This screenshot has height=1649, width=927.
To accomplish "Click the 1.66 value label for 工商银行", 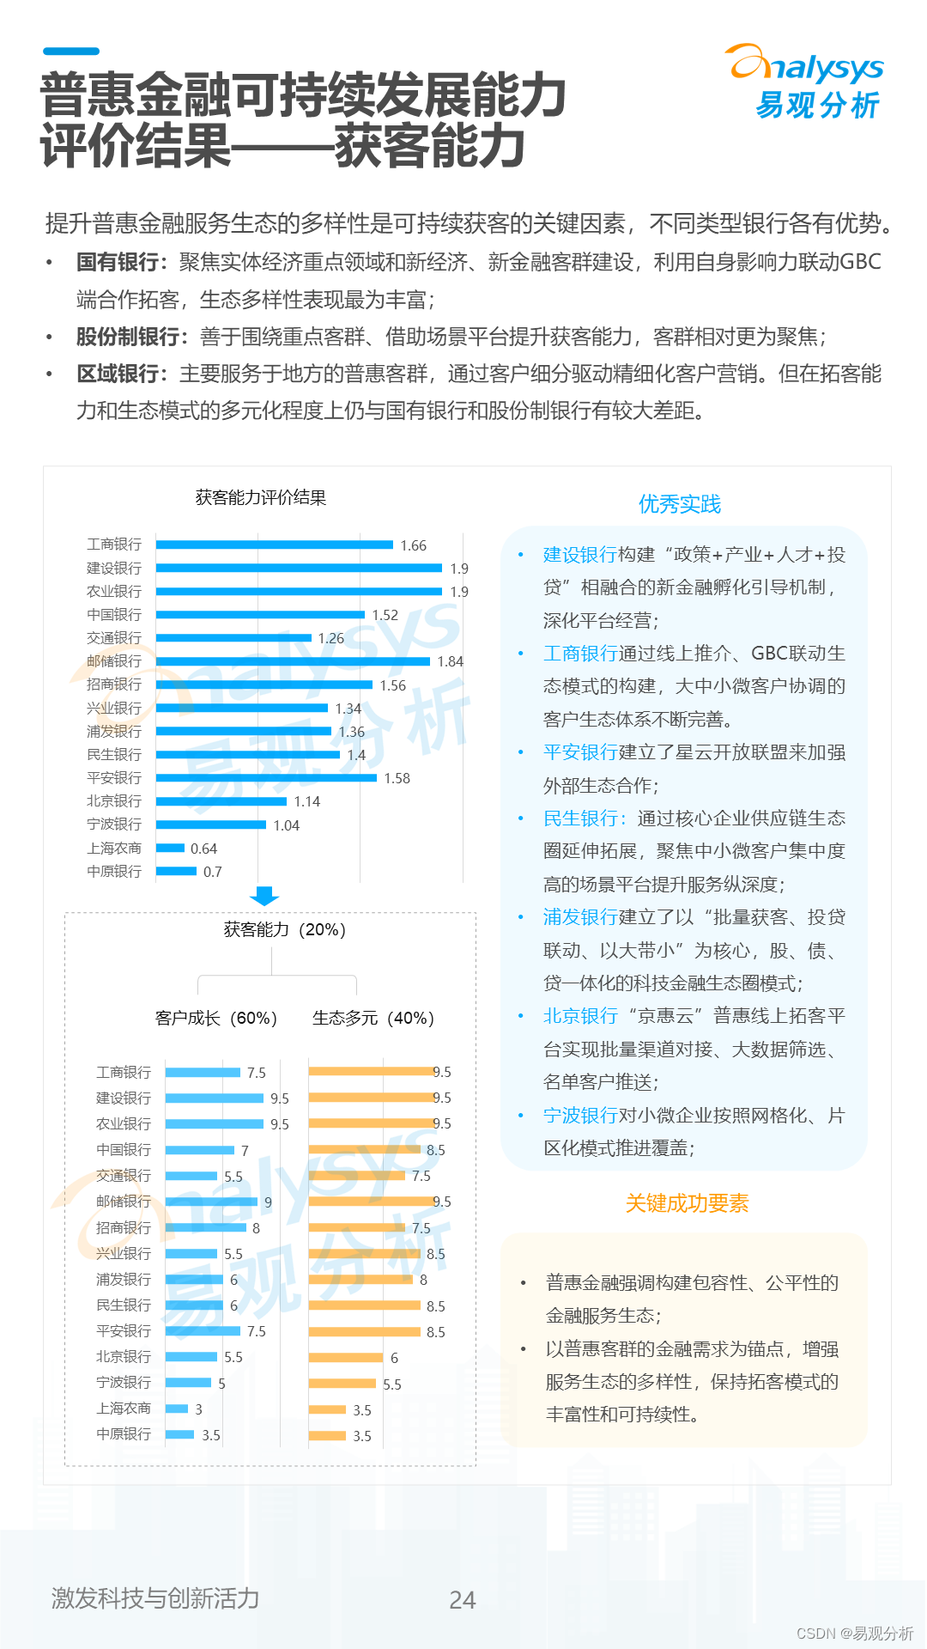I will (x=413, y=545).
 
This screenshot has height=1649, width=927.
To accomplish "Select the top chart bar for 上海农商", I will (x=171, y=848).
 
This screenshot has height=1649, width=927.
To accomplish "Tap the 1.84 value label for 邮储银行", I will (x=450, y=661).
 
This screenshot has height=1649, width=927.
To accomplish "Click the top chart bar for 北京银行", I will (x=221, y=801).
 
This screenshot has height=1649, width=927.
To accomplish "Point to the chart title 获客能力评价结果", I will (x=261, y=497).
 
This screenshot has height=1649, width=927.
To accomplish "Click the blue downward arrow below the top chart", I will (x=264, y=896).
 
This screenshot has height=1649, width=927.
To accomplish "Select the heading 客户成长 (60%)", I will (x=216, y=1018).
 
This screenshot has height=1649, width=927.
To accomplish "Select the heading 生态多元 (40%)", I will (x=373, y=1018).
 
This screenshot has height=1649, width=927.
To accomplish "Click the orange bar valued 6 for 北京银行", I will (x=346, y=1357).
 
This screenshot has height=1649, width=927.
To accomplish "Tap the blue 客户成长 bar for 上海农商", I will (x=177, y=1409).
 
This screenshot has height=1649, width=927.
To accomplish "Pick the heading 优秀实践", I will (x=680, y=504).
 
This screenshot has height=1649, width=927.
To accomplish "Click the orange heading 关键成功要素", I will (x=687, y=1203).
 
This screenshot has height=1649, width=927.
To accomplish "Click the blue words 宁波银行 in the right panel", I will (x=580, y=1115).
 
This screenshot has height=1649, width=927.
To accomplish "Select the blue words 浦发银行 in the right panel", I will (x=580, y=916).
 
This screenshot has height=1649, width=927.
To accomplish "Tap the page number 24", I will (x=463, y=1599).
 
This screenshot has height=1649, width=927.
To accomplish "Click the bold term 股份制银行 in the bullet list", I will (x=128, y=337).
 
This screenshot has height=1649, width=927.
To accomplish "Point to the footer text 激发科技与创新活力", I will (x=155, y=1597).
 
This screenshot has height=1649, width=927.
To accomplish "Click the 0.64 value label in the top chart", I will (x=203, y=849).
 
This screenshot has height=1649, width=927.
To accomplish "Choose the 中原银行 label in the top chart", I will (x=114, y=871).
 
